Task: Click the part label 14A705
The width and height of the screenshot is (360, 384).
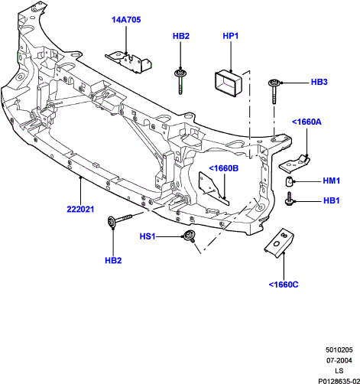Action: (x=126, y=20)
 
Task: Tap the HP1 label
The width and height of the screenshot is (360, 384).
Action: (x=231, y=36)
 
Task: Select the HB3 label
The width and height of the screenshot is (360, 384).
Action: (x=319, y=82)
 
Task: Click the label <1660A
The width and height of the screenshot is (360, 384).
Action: (x=306, y=122)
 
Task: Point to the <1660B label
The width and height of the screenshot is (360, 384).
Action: (x=224, y=168)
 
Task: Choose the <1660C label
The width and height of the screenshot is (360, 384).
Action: (x=284, y=285)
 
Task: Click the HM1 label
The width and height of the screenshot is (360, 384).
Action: (x=332, y=181)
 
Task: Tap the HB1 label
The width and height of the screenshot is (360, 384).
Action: (x=332, y=200)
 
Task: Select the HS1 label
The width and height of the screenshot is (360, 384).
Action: (x=148, y=236)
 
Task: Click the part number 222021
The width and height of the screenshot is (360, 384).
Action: (x=80, y=210)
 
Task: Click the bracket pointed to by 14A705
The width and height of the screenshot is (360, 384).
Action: (x=128, y=63)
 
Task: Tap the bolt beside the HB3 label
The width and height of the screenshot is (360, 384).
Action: (x=274, y=91)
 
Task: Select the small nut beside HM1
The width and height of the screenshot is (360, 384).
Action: (x=288, y=181)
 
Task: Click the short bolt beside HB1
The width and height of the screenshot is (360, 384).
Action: (x=289, y=200)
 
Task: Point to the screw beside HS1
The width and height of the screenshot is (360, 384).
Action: (x=190, y=236)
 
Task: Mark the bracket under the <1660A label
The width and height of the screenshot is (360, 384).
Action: (x=294, y=164)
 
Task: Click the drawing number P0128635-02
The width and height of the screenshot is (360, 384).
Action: (x=339, y=381)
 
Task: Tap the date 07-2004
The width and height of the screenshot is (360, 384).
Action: (x=339, y=360)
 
